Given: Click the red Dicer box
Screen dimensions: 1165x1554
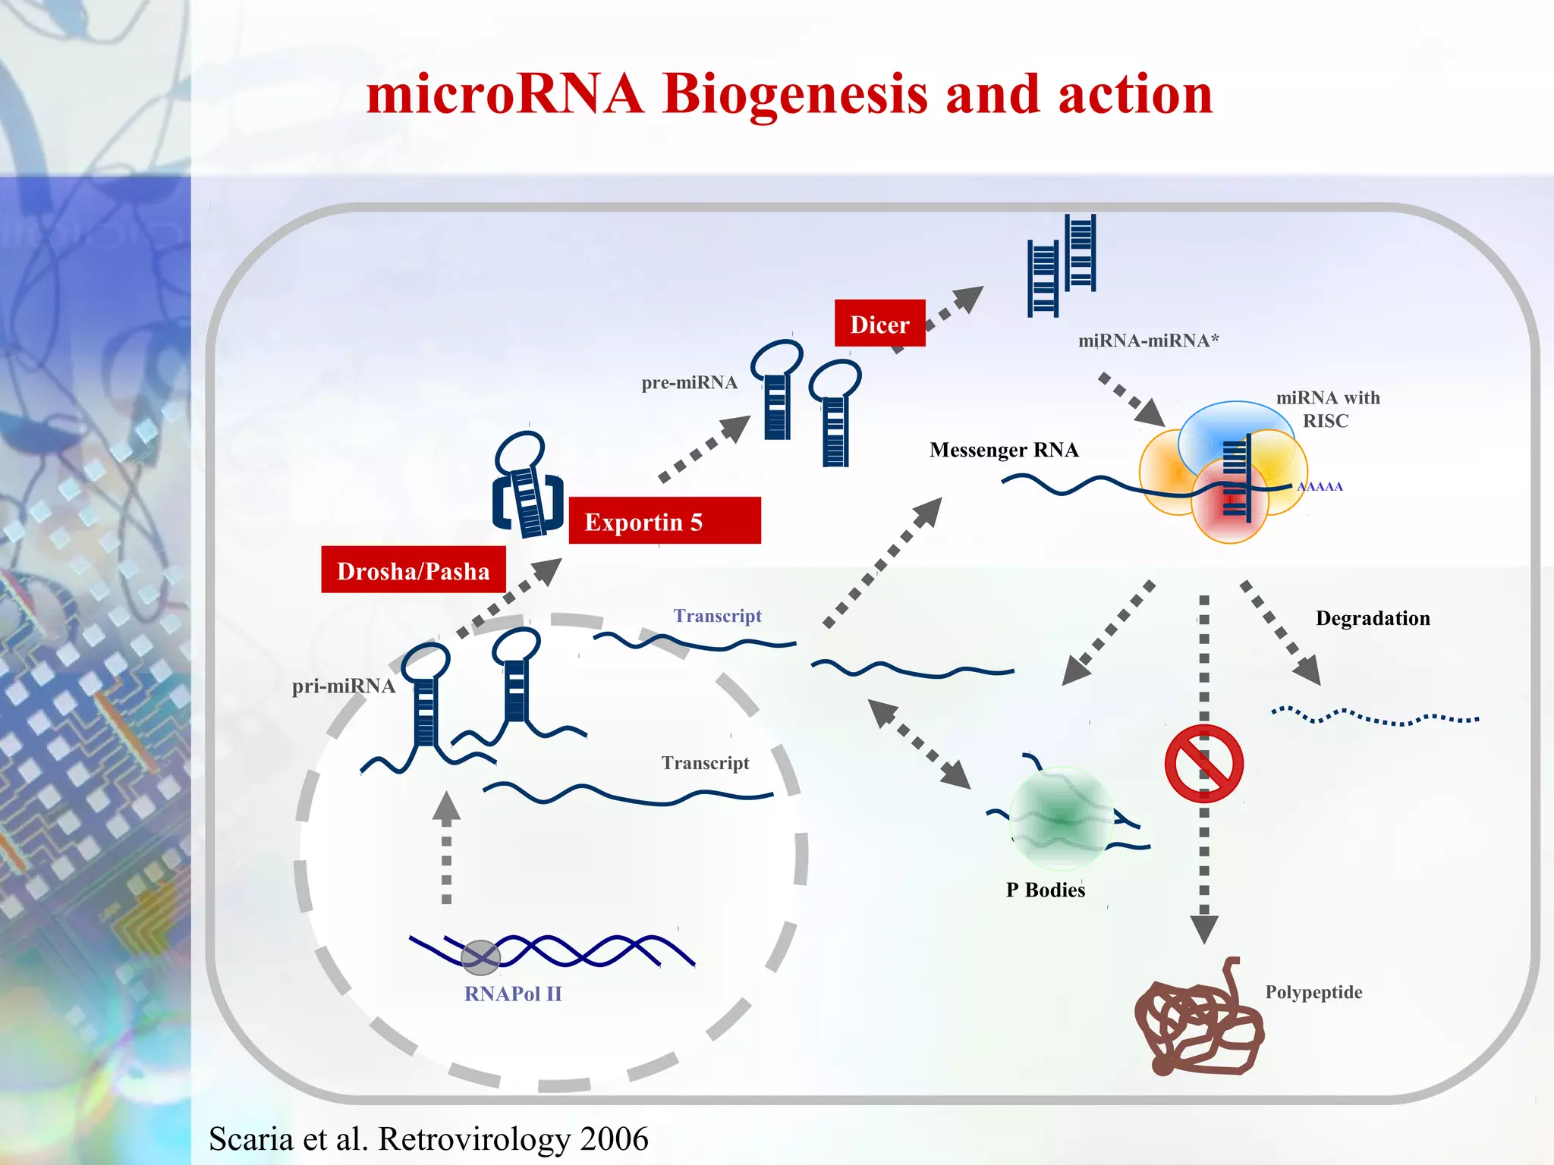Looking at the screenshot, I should click(x=879, y=324).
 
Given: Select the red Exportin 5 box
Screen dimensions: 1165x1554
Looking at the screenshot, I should click(x=664, y=521).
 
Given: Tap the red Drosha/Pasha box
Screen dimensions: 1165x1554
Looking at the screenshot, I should click(x=413, y=570).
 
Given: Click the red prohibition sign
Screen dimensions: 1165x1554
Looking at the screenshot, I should click(x=1203, y=763).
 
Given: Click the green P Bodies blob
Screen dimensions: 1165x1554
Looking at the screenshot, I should click(x=1061, y=818).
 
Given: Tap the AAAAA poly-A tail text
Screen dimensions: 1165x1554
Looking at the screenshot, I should click(x=1320, y=487).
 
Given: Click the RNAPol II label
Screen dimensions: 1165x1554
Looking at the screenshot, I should click(x=513, y=994).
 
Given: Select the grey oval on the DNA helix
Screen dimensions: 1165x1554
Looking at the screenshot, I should click(x=480, y=957).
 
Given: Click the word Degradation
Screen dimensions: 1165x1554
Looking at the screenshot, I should click(x=1372, y=618).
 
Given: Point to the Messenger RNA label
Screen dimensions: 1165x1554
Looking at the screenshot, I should click(x=1003, y=450).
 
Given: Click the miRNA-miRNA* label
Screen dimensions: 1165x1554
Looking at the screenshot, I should click(x=1148, y=341).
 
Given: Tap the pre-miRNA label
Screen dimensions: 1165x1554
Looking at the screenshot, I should click(x=689, y=382).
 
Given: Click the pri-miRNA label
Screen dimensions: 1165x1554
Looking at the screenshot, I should click(x=344, y=686).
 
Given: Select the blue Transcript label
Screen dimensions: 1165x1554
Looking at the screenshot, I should click(x=717, y=616).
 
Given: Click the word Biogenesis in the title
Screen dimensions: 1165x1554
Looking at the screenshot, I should click(x=794, y=95).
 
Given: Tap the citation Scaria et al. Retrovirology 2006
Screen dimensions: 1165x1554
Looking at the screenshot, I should click(x=429, y=1138).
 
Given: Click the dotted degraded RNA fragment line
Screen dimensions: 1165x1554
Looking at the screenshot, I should click(x=1374, y=717).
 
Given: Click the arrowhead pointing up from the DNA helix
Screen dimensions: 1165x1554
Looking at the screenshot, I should click(x=446, y=808).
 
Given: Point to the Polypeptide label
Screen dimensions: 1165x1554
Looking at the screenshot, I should click(x=1313, y=992).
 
